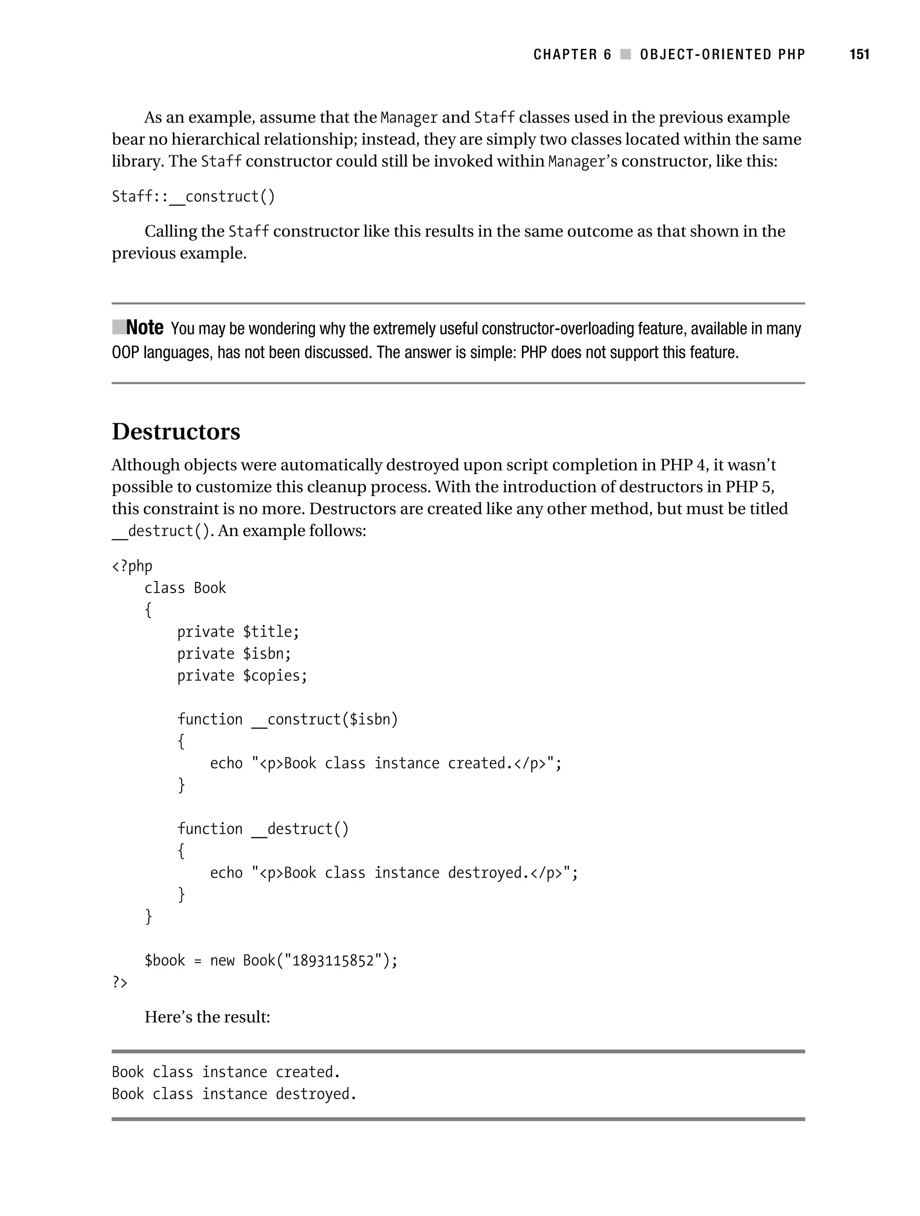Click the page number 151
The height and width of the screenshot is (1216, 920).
[859, 54]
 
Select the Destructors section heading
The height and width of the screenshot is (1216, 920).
[176, 431]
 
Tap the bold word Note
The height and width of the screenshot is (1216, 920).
[145, 328]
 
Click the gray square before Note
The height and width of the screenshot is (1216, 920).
[118, 327]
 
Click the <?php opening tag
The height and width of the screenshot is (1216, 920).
[132, 566]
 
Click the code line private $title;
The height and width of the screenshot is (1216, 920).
[238, 632]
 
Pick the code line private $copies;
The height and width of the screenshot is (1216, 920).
[242, 675]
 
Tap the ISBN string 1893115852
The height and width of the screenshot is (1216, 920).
[333, 960]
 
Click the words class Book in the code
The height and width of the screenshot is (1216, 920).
[185, 588]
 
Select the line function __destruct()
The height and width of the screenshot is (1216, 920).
[263, 829]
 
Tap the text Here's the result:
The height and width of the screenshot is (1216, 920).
[207, 1017]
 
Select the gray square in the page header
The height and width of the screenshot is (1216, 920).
[625, 54]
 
